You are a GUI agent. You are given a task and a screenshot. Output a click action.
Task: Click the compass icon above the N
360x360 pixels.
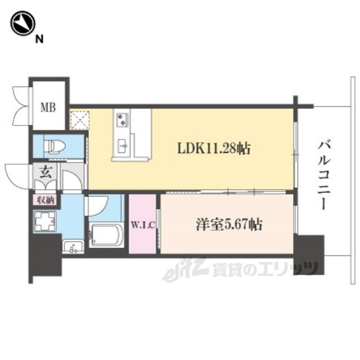(22, 23)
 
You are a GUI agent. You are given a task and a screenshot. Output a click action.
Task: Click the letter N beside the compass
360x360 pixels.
(39, 39)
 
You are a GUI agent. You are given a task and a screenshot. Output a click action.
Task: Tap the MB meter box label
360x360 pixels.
(48, 107)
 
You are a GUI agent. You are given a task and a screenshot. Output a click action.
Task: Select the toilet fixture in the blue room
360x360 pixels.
(55, 146)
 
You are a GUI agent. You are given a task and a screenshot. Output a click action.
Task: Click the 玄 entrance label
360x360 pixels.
(46, 172)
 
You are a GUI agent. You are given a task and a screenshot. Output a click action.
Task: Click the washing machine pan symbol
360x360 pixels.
(45, 221)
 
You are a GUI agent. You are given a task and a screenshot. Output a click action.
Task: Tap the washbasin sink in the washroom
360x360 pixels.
(73, 246)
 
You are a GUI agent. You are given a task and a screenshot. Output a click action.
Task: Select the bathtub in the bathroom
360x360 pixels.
(106, 235)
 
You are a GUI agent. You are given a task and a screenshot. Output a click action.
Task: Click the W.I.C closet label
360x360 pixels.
(142, 225)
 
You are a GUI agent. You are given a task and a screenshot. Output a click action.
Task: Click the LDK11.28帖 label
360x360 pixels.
(214, 148)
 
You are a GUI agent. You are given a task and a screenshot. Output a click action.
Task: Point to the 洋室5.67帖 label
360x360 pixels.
(229, 224)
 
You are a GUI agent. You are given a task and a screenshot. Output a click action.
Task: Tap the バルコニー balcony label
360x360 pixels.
(324, 175)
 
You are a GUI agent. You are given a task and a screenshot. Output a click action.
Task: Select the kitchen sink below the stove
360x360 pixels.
(122, 146)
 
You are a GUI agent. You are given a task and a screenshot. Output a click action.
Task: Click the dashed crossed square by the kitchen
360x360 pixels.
(80, 120)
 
